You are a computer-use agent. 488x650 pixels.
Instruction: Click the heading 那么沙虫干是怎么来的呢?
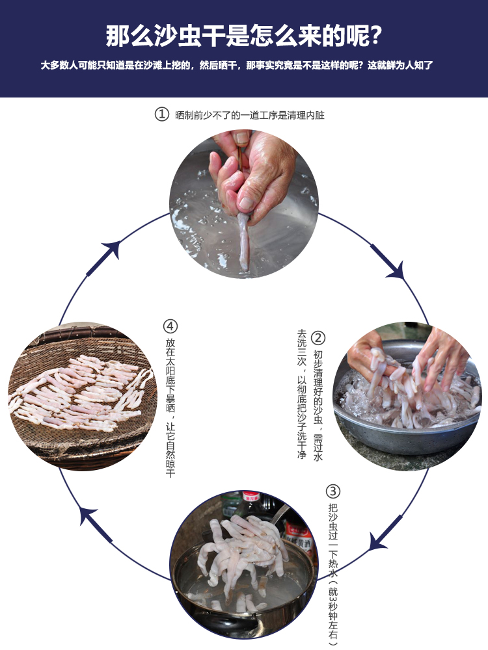244,36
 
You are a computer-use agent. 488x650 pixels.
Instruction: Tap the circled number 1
161,114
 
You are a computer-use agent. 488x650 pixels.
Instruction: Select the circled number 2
318,338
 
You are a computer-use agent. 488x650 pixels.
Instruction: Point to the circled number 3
333,491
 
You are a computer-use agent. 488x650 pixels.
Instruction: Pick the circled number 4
170,326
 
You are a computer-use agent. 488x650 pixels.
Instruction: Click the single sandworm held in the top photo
243,240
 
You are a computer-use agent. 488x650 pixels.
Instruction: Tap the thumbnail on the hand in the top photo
242,138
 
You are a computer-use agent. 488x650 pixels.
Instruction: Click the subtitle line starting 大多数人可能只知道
237,66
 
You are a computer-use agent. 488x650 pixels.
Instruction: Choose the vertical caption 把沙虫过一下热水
333,572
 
